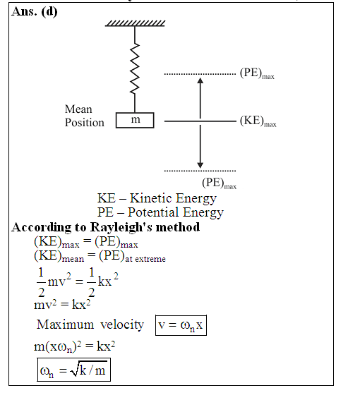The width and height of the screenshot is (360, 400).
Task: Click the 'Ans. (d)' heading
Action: point(35,12)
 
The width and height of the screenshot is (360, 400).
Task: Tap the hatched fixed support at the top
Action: point(135,23)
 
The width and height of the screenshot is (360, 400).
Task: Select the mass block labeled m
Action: point(135,120)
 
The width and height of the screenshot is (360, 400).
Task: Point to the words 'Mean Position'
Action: point(85,116)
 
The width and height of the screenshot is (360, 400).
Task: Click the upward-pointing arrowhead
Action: point(200,80)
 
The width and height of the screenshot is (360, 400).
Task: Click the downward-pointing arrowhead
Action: point(200,165)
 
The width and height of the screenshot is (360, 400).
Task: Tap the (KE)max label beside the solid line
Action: point(258,121)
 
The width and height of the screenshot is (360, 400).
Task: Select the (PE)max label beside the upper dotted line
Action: point(257,73)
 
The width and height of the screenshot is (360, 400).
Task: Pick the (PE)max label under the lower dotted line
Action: point(220,183)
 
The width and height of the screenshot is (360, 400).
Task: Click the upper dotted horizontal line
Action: point(200,74)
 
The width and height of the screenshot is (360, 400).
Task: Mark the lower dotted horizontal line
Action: point(200,171)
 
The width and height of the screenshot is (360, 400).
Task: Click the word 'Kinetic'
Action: point(150,198)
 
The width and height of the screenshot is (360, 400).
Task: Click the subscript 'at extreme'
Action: point(145,259)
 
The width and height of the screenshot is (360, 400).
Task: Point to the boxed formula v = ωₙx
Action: point(181,325)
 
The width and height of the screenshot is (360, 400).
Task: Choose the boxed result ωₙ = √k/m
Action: point(74,370)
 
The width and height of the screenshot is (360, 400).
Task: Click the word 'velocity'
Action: point(122,325)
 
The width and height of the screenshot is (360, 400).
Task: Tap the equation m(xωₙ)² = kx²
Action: point(75,346)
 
